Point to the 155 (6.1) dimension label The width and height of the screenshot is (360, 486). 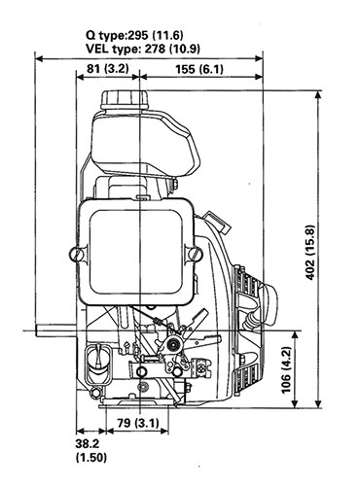[199, 69]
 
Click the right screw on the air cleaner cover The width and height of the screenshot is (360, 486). [194, 254]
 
